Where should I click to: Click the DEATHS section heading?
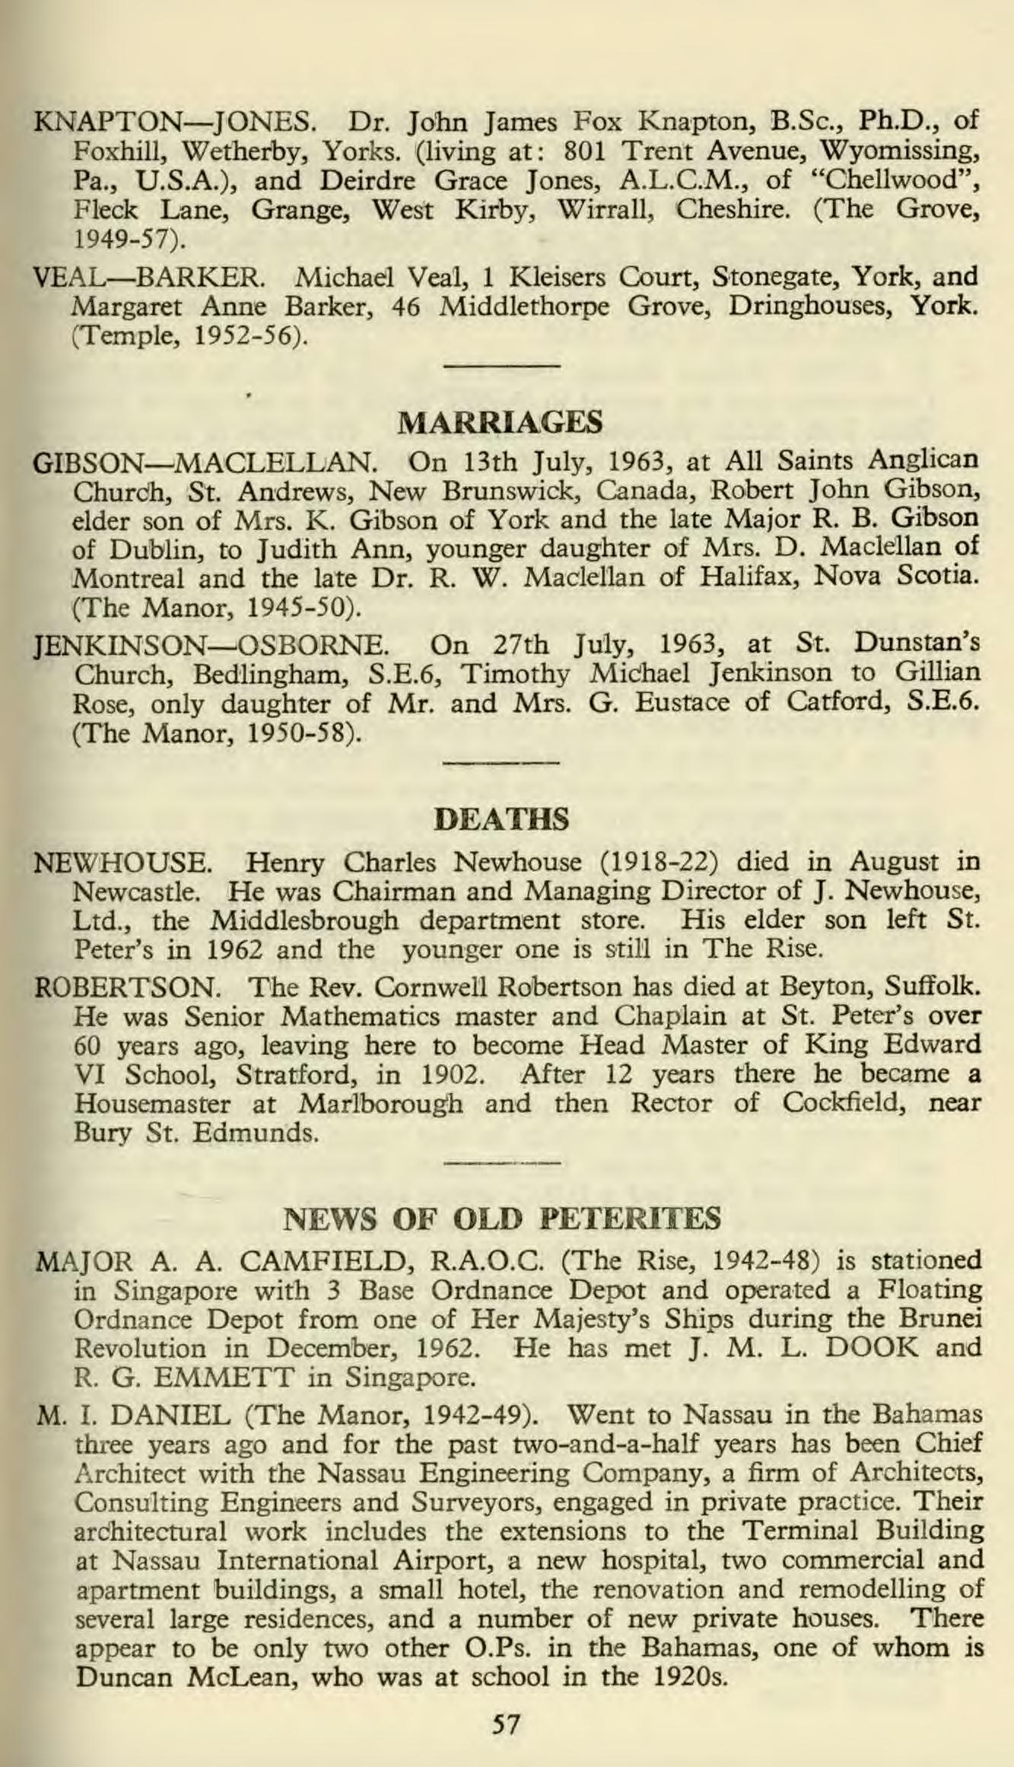(501, 819)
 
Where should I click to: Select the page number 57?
(506, 1724)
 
